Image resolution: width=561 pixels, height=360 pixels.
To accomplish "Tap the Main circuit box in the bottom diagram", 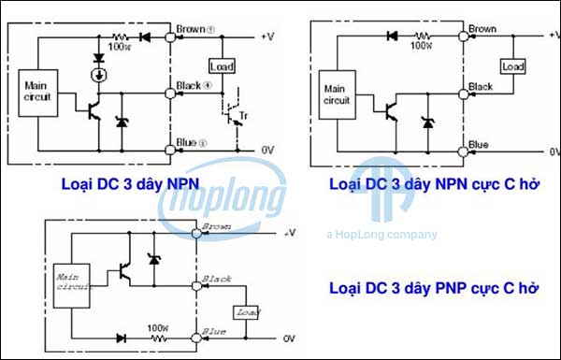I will (72, 282).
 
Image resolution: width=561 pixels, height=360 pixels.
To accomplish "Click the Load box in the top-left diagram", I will (222, 67).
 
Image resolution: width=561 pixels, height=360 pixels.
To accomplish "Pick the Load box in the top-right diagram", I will (513, 67).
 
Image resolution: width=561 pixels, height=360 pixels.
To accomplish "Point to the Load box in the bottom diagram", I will (248, 312).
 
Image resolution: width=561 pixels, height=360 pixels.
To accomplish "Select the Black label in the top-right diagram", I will (481, 87).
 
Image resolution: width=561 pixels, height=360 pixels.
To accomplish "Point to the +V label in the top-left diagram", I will (268, 36).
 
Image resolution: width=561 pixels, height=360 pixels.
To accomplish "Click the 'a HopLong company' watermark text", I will (381, 234).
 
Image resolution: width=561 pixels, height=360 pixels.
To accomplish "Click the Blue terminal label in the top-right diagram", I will (479, 145).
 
